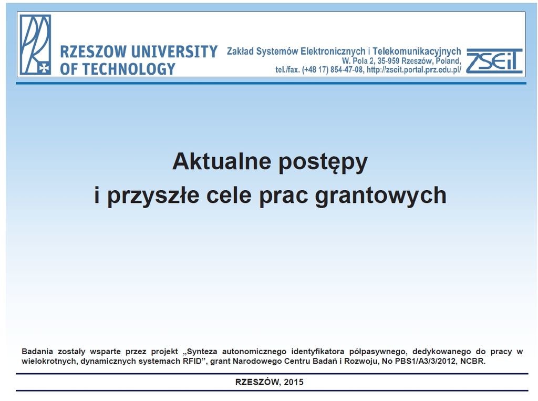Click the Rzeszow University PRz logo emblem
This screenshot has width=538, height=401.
[x=35, y=45]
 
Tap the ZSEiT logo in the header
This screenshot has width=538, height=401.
[x=494, y=61]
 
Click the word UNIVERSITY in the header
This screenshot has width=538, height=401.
[x=174, y=52]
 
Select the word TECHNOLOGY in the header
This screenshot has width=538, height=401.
[x=129, y=69]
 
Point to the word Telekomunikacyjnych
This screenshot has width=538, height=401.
[x=417, y=52]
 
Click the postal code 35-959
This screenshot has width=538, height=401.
[x=388, y=61]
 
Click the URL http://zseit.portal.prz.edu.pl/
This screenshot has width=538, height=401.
[x=414, y=70]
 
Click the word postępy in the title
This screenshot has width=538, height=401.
[x=323, y=163]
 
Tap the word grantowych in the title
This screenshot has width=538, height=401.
[x=380, y=196]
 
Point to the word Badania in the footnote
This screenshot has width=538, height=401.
[x=37, y=352]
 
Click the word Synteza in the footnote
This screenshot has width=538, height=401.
[x=202, y=352]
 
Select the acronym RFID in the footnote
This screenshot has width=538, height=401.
[x=192, y=361]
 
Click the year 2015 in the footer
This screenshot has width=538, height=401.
[x=294, y=382]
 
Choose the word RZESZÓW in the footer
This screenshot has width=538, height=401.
[x=257, y=382]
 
